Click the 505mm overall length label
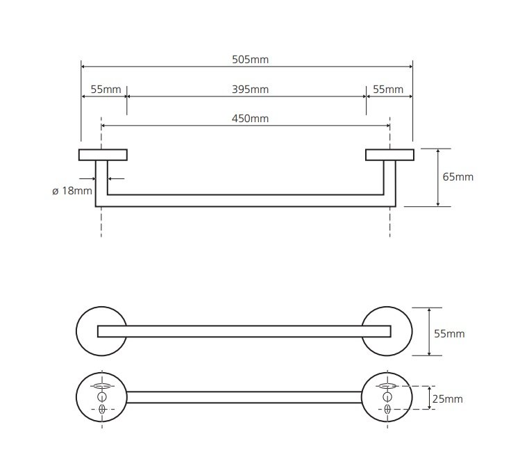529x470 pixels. click(251, 60)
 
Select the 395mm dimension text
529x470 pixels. click(251, 90)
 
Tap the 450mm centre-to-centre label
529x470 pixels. click(251, 119)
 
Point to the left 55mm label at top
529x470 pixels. click(106, 90)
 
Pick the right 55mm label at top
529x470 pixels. click(388, 90)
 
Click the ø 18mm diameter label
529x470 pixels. click(72, 191)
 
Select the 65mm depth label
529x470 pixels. click(458, 177)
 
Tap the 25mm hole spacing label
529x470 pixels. click(447, 399)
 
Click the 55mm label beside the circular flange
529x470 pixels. click(449, 334)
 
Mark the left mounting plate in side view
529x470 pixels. click(103, 155)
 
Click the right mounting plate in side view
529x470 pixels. click(390, 155)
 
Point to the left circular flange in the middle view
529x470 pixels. click(78, 331)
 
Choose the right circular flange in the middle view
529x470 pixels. click(410, 331)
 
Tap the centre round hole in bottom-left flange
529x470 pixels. click(102, 397)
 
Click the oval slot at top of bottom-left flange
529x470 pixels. click(102, 386)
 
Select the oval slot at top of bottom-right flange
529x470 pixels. click(387, 386)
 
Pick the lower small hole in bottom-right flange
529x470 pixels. click(387, 409)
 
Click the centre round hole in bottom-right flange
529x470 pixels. click(387, 397)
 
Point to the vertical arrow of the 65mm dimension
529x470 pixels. click(438, 178)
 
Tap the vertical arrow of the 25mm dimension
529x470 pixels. click(429, 398)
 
